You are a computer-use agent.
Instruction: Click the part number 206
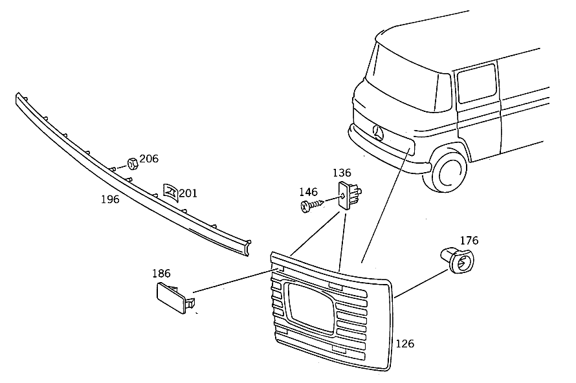[x=149, y=159]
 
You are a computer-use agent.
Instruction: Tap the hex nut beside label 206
[x=133, y=164]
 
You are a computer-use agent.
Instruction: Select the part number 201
[x=188, y=193]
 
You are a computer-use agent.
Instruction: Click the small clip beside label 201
[x=170, y=192]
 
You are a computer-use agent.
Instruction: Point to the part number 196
[x=110, y=199]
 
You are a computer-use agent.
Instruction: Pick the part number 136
[x=342, y=173]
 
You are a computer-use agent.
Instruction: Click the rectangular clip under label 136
[x=349, y=195]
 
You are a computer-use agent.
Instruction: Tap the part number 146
[x=308, y=191]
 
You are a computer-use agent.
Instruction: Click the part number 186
[x=162, y=274]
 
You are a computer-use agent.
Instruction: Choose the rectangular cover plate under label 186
[x=175, y=298]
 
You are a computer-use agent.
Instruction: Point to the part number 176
[x=469, y=241]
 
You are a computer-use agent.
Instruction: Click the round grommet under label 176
[x=458, y=260]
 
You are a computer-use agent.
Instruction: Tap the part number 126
[x=404, y=344]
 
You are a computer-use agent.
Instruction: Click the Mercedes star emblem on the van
[x=378, y=132]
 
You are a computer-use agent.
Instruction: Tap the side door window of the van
[x=476, y=83]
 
